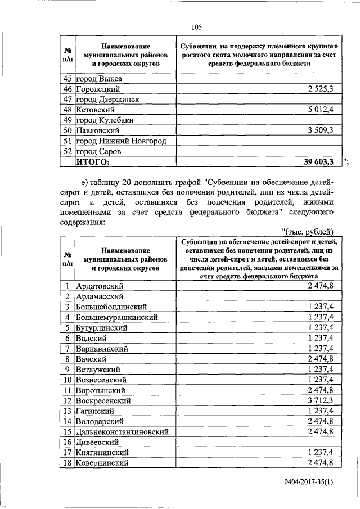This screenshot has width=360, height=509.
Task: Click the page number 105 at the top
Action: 196,27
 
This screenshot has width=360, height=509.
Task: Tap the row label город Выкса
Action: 99,79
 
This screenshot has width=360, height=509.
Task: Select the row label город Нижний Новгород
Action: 122,141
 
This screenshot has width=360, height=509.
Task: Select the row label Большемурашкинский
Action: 116,317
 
